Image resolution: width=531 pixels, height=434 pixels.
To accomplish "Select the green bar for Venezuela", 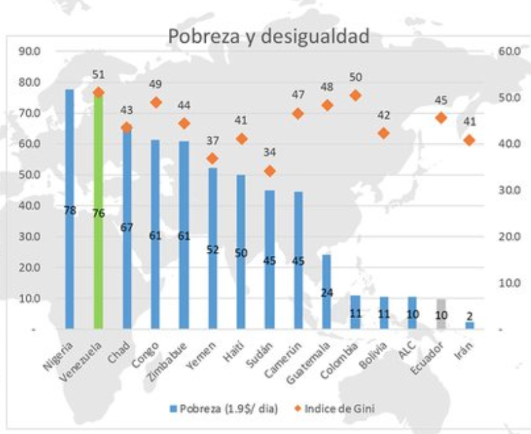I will (98, 214).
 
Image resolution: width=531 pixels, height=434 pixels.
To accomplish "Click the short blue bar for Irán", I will (469, 325).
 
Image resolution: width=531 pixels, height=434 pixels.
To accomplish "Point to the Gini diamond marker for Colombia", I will (355, 95).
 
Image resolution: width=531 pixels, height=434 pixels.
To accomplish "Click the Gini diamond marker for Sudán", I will (270, 171).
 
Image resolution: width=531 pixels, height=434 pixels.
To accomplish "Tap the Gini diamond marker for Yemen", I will (213, 159).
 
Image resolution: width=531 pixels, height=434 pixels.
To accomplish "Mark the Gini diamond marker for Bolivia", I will (383, 133).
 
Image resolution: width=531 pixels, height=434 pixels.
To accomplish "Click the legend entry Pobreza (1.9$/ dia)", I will (227, 409).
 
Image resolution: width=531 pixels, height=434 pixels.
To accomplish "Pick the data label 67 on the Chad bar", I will (126, 227).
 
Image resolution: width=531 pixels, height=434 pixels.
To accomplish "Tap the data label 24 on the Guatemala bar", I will (327, 293).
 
